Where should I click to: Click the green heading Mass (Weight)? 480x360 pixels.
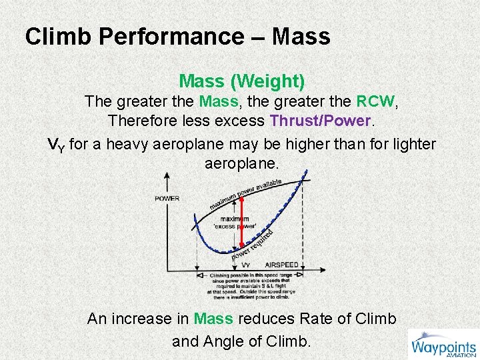click(242, 81)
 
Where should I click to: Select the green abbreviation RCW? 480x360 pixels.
click(375, 102)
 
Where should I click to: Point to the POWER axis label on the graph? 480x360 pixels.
click(167, 199)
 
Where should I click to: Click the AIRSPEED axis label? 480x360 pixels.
click(281, 265)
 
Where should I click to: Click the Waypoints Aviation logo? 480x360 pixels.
click(443, 344)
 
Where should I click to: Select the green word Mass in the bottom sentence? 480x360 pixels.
click(213, 319)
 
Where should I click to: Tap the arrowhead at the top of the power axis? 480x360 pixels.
click(167, 175)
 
